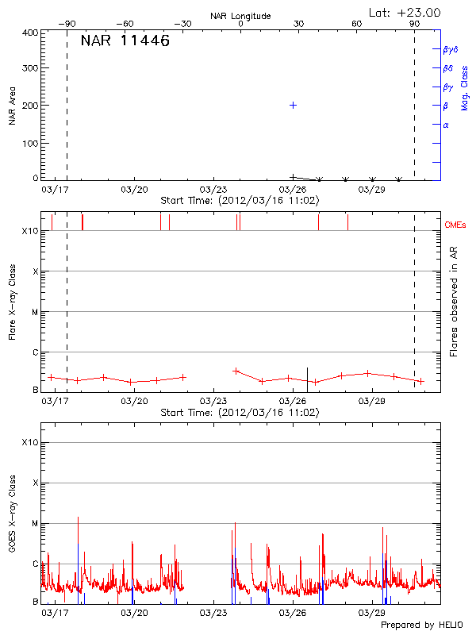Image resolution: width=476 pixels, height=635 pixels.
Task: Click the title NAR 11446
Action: (125, 41)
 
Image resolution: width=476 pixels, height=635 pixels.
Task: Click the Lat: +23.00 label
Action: (405, 12)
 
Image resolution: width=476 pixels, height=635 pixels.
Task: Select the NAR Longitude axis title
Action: (240, 16)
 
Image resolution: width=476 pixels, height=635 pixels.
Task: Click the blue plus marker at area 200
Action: (293, 105)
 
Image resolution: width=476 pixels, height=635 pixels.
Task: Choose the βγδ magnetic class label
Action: (451, 49)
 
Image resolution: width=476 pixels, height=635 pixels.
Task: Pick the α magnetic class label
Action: (446, 125)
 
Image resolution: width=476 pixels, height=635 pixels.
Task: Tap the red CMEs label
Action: (455, 225)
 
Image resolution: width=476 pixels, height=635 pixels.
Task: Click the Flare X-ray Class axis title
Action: (13, 299)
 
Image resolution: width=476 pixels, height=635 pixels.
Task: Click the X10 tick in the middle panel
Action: (30, 231)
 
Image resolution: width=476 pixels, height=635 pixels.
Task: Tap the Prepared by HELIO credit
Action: (421, 625)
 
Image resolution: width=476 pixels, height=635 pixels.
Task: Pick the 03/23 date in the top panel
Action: (213, 190)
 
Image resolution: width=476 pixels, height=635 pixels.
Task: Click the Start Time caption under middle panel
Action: (240, 413)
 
